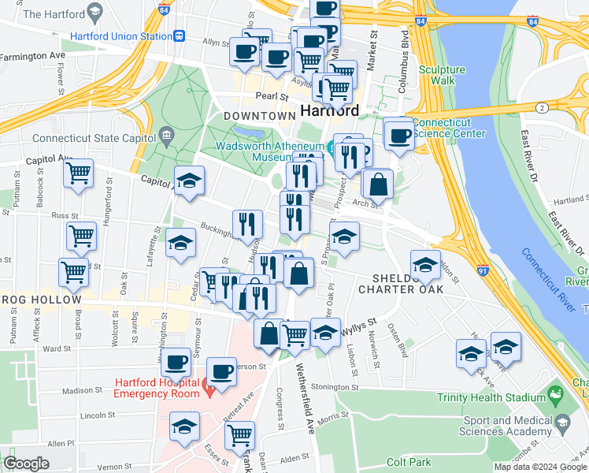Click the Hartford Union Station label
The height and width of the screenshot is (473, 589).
120,36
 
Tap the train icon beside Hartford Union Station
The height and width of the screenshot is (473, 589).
180,36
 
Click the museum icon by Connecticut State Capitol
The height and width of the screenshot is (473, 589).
165,134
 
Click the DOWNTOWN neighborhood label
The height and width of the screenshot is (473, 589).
259,116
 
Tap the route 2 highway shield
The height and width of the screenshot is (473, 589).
542,107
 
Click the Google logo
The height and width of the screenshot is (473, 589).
26,464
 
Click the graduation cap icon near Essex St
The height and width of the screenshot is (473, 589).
185,426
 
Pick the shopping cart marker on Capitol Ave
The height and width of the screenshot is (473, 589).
78,173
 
